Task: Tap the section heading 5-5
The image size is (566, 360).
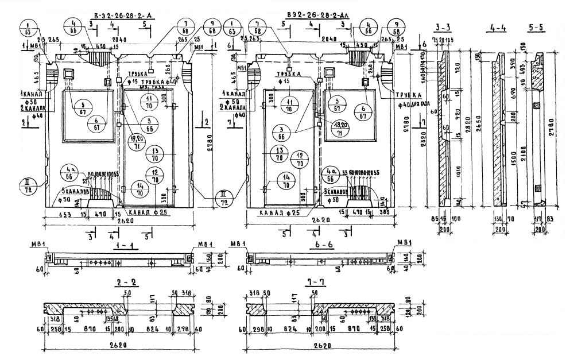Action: (x=537, y=27)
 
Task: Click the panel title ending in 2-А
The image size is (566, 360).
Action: (x=117, y=13)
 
